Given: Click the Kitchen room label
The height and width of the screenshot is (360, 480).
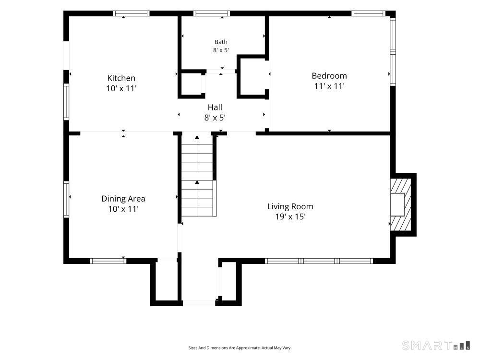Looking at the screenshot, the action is coord(121,78).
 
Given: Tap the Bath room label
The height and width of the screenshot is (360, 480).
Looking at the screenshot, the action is coord(221,42).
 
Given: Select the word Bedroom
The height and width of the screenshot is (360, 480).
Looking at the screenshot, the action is coord(329,76).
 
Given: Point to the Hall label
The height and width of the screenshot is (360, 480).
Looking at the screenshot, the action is coord(215,107).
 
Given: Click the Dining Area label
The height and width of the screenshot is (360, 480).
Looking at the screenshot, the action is coord(123,199).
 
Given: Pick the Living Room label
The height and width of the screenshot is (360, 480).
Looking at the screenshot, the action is coord(290,206).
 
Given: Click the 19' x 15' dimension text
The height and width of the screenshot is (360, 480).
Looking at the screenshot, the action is coord(290,217).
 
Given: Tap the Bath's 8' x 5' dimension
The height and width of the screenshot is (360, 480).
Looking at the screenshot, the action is coord(221,50).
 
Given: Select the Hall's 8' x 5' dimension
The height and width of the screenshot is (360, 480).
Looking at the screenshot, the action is coord(215,118).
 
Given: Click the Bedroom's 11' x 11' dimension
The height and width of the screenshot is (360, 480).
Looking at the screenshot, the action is coord(329,86).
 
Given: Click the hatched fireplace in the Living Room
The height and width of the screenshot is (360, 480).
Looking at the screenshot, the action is coord(401,205).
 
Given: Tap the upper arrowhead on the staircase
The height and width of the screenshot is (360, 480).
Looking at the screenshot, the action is coord(197,137).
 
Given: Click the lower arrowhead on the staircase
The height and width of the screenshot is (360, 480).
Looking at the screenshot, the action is coord(197,182).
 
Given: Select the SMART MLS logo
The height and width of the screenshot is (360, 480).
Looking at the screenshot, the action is coord(436,345).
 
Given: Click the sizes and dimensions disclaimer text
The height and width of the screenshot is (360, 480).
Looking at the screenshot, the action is coord(240,348).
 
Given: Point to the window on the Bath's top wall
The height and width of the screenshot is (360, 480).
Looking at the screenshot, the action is coord(212,13).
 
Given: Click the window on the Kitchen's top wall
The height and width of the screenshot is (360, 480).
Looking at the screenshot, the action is coord(131,13).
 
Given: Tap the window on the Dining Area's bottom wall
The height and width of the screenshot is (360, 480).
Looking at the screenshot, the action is coord(108,261).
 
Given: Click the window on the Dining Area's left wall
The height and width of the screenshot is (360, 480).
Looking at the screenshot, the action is coord(66,199).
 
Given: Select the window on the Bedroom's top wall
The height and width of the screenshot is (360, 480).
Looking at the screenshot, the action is coord(368,13).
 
